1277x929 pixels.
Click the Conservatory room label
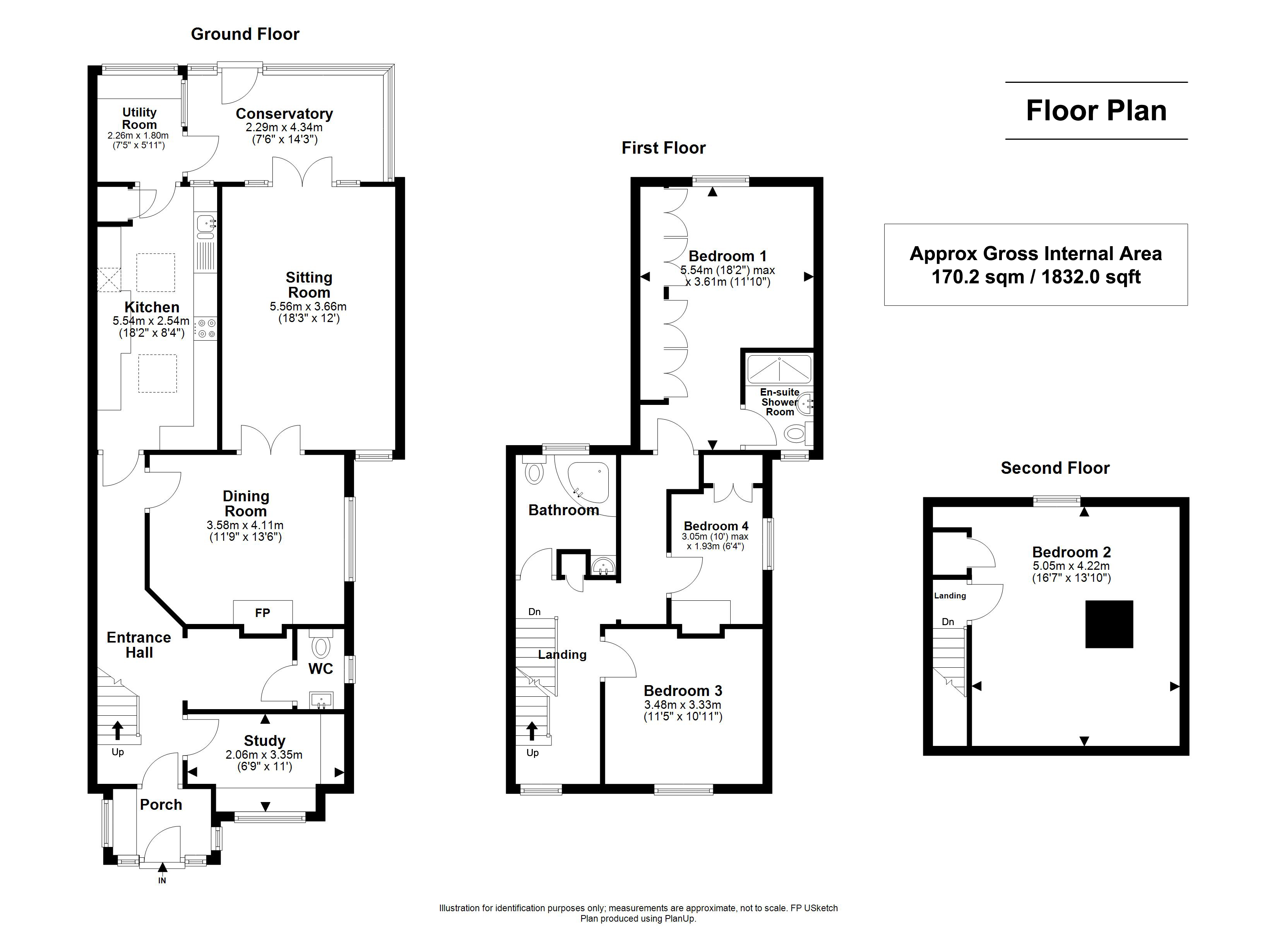[284, 114]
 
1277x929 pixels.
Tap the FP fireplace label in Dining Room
[262, 613]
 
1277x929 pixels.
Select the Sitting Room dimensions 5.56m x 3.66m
[308, 307]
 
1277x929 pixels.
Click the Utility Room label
[139, 118]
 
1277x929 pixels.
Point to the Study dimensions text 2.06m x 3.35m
[264, 755]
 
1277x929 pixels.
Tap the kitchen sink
[205, 224]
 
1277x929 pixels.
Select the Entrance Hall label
[139, 645]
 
